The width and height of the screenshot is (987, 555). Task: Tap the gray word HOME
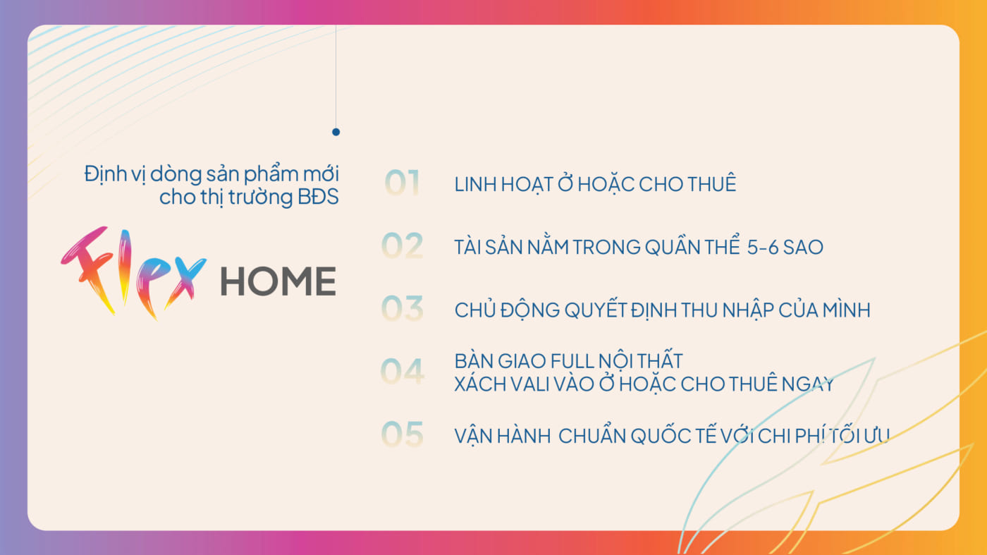tap(278, 281)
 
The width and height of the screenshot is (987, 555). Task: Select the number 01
tap(402, 183)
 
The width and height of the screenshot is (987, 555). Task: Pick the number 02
tap(403, 246)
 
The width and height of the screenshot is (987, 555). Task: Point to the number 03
tap(403, 309)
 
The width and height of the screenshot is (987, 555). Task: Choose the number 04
tap(403, 372)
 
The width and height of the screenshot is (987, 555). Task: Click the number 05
tap(403, 434)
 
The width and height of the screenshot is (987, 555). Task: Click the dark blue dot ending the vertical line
tap(336, 132)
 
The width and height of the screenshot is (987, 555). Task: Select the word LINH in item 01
tap(474, 184)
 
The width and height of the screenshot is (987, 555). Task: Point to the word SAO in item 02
tap(804, 248)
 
